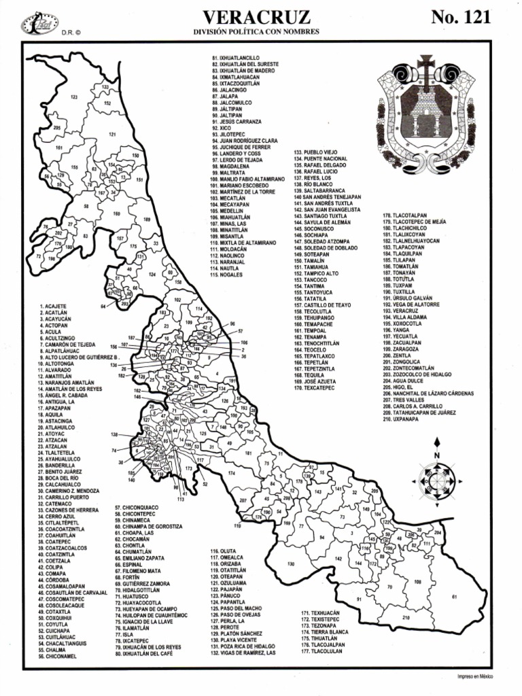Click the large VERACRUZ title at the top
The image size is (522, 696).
tap(257, 18)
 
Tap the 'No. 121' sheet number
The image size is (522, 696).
tap(460, 18)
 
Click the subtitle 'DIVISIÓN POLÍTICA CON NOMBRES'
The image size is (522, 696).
tap(257, 33)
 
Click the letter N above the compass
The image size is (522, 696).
tap(436, 455)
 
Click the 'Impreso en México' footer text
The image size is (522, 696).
tap(475, 676)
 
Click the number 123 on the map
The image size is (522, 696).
tap(73, 97)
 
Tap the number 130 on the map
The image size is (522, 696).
tap(291, 563)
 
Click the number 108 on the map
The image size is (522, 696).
tap(417, 582)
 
